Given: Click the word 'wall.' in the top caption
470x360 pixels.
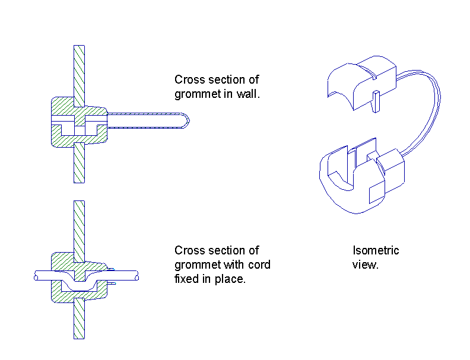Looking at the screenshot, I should click(x=248, y=94).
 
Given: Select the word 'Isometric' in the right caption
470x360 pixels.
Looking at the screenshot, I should click(x=376, y=250).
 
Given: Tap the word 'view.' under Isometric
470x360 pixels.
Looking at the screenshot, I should click(x=365, y=265).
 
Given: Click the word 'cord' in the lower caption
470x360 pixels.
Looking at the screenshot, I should click(x=259, y=265).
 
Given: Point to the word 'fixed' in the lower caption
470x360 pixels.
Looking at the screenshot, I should click(x=186, y=279).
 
